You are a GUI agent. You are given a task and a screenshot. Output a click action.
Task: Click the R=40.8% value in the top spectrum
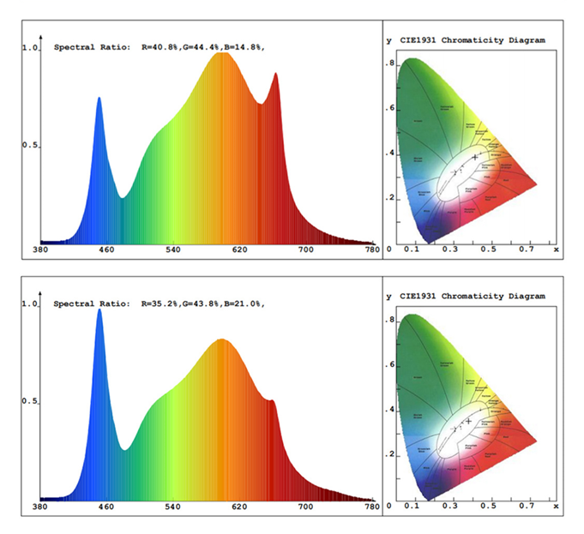160,48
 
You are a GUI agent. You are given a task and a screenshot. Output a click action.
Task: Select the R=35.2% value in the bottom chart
160,303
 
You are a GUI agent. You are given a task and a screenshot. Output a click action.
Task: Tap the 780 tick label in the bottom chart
372,507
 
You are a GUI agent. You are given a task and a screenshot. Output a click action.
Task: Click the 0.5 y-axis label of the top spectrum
30,146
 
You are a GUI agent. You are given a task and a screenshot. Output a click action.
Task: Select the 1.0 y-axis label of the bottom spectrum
30,303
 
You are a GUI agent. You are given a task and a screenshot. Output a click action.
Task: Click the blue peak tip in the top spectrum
99,98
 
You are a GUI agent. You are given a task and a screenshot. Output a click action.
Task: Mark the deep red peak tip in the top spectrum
276,74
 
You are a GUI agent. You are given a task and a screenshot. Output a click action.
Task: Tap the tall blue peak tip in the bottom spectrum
99,309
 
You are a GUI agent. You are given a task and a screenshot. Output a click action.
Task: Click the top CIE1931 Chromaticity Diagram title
471,40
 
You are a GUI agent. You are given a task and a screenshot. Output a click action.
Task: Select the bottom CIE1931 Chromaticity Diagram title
471,297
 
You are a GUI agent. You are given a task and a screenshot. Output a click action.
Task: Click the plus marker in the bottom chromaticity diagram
468,421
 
